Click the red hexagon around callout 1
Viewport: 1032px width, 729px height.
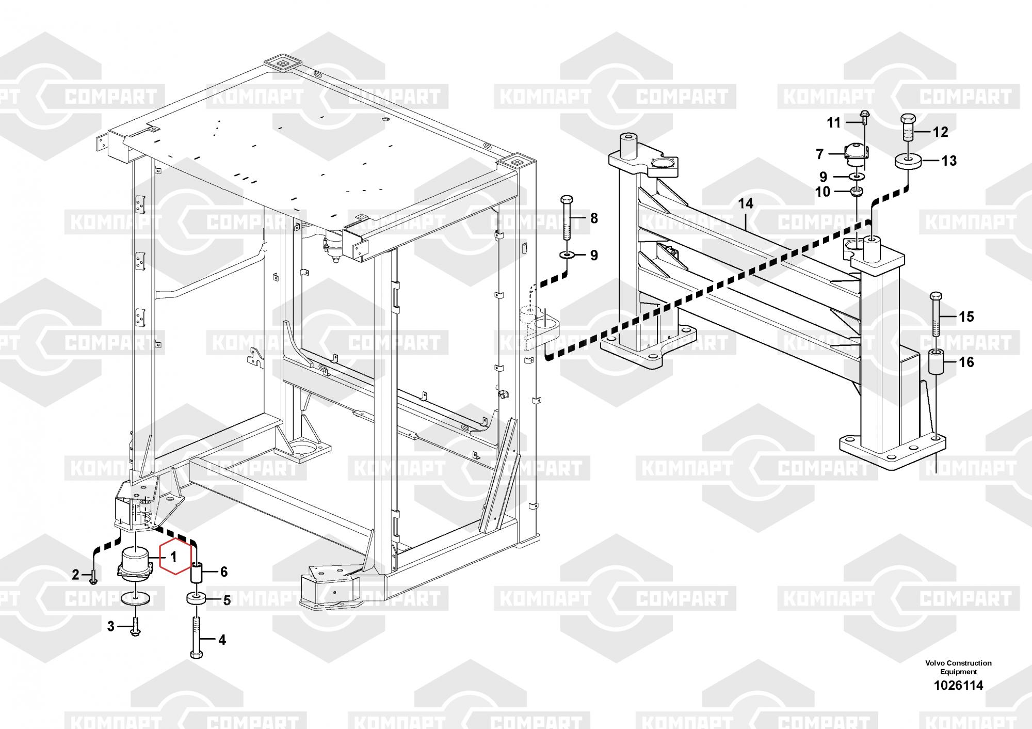tap(174, 558)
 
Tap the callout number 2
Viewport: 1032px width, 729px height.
tap(76, 575)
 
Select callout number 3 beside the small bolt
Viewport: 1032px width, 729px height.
tap(110, 627)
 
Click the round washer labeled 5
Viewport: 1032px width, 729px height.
tap(197, 600)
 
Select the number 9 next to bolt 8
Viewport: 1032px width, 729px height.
tap(594, 256)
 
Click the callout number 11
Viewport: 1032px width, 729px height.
tap(834, 123)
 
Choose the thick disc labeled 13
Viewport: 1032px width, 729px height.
tap(909, 161)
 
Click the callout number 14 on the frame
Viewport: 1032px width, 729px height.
tap(746, 204)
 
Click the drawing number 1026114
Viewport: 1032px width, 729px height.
tap(958, 686)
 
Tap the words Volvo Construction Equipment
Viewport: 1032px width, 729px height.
tap(958, 667)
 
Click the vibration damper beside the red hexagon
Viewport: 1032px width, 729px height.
tap(135, 565)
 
